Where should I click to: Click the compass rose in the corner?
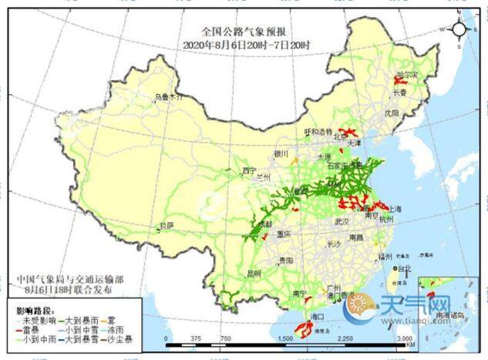coord(459,30)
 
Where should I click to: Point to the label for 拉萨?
coord(166,226)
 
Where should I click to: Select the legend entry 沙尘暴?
coord(117,338)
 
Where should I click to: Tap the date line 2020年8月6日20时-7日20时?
coord(235,45)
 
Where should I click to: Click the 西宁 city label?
coord(247,170)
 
